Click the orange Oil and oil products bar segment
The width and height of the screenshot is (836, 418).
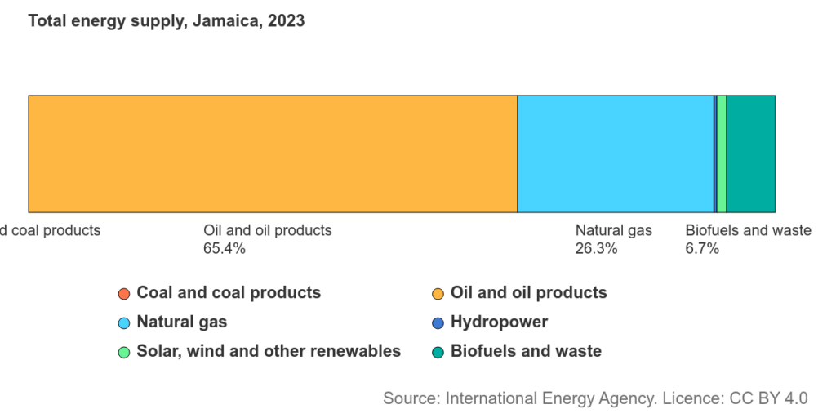[x=273, y=153]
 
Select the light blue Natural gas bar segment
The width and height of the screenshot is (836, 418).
[x=615, y=153]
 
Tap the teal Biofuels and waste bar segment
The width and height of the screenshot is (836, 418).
[x=750, y=153]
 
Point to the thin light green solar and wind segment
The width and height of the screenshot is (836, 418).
[x=722, y=153]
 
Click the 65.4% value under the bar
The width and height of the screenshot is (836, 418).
[x=224, y=249]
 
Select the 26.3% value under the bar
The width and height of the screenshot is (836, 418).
[x=596, y=249]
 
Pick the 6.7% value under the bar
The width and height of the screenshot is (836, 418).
[x=702, y=249]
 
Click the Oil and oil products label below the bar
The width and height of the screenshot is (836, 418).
[x=267, y=230]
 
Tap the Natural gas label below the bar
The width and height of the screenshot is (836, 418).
[x=613, y=230]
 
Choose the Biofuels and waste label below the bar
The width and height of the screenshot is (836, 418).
[x=748, y=230]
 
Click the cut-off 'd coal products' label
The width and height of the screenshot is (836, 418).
[x=50, y=230]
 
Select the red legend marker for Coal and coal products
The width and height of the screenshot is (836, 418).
[x=124, y=293]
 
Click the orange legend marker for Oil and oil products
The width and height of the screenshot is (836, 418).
[x=438, y=293]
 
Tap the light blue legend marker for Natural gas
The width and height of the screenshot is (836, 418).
[x=124, y=322]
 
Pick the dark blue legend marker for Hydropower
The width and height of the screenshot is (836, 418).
[x=438, y=322]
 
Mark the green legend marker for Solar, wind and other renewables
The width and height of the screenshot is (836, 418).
[x=124, y=352]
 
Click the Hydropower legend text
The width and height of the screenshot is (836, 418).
[x=499, y=322]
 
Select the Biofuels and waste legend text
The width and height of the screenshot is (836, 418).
[x=526, y=351]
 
